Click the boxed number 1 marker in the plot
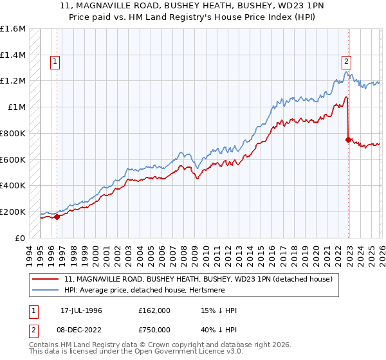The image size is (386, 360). [x=55, y=62]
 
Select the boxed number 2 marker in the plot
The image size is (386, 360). [x=346, y=62]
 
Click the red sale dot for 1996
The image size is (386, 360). [x=57, y=217]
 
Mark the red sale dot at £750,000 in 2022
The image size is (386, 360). [x=348, y=139]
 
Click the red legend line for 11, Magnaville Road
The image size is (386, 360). [x=46, y=279]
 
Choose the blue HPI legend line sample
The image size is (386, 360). [x=46, y=290]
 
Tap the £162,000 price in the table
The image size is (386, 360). [x=154, y=310]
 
